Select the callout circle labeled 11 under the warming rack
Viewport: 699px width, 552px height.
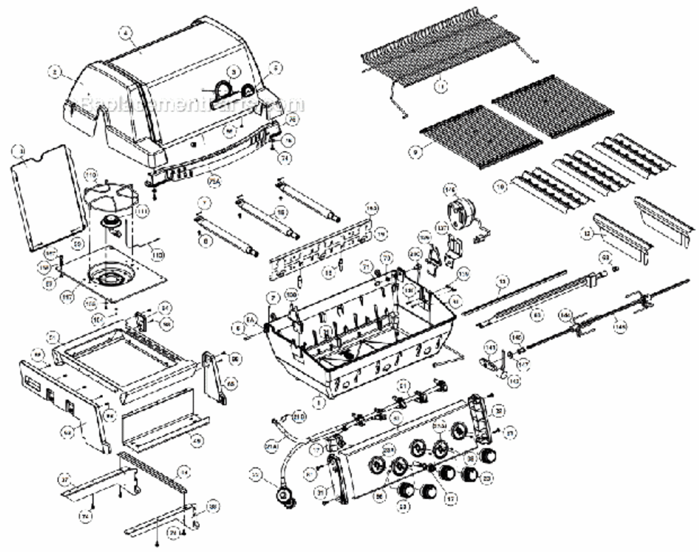pyautogui.click(x=441, y=86)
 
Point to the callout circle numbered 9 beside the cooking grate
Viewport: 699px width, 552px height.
pyautogui.click(x=416, y=152)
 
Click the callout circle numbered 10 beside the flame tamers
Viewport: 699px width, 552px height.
pyautogui.click(x=501, y=188)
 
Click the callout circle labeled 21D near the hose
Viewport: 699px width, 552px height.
pyautogui.click(x=299, y=417)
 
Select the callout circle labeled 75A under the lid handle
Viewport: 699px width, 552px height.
pyautogui.click(x=215, y=179)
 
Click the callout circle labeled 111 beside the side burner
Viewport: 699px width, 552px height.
pyautogui.click(x=142, y=210)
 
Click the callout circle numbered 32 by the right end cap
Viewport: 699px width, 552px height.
pyautogui.click(x=498, y=411)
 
